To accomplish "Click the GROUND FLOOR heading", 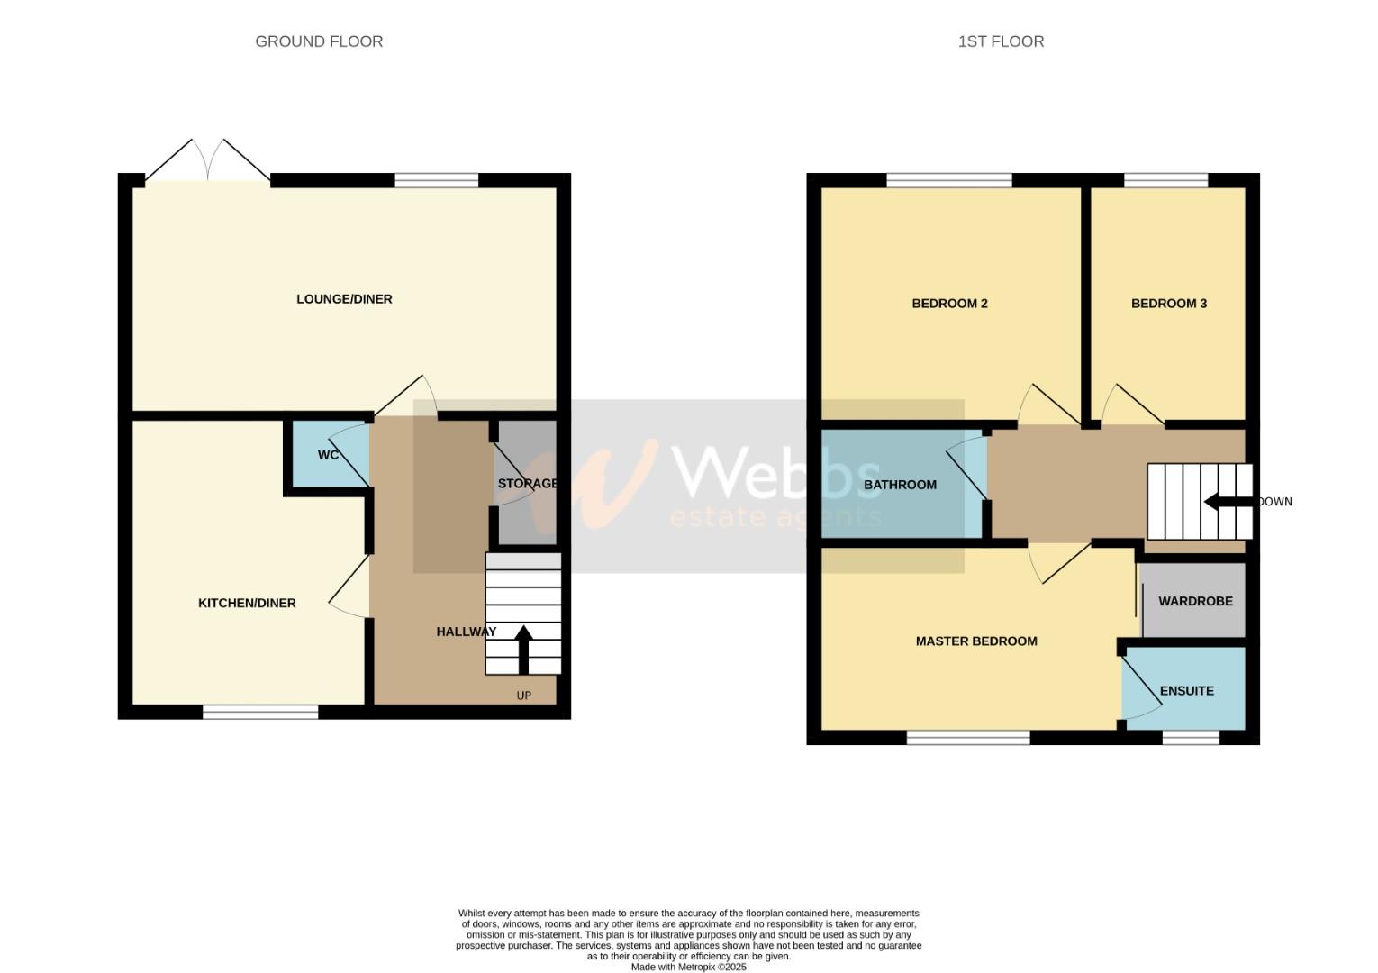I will [319, 41].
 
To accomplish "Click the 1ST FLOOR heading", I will [1001, 41].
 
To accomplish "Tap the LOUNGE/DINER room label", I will [344, 299].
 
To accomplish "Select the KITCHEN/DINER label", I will [247, 604].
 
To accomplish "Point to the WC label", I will [328, 455].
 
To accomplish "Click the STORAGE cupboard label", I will [528, 484].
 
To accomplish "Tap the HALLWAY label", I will [466, 632].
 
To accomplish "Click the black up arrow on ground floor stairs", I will [523, 649].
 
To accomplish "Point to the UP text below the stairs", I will [523, 696].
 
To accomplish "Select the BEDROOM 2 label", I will [949, 304].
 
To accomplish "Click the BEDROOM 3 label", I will [1168, 304].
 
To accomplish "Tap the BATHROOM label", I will [900, 485].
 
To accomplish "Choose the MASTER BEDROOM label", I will [976, 641].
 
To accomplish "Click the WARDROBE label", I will [1195, 601].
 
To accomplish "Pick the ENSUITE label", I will [1186, 691].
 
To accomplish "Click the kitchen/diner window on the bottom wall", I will [260, 713].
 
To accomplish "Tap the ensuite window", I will [1190, 738].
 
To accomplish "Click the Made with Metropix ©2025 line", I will [688, 968].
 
